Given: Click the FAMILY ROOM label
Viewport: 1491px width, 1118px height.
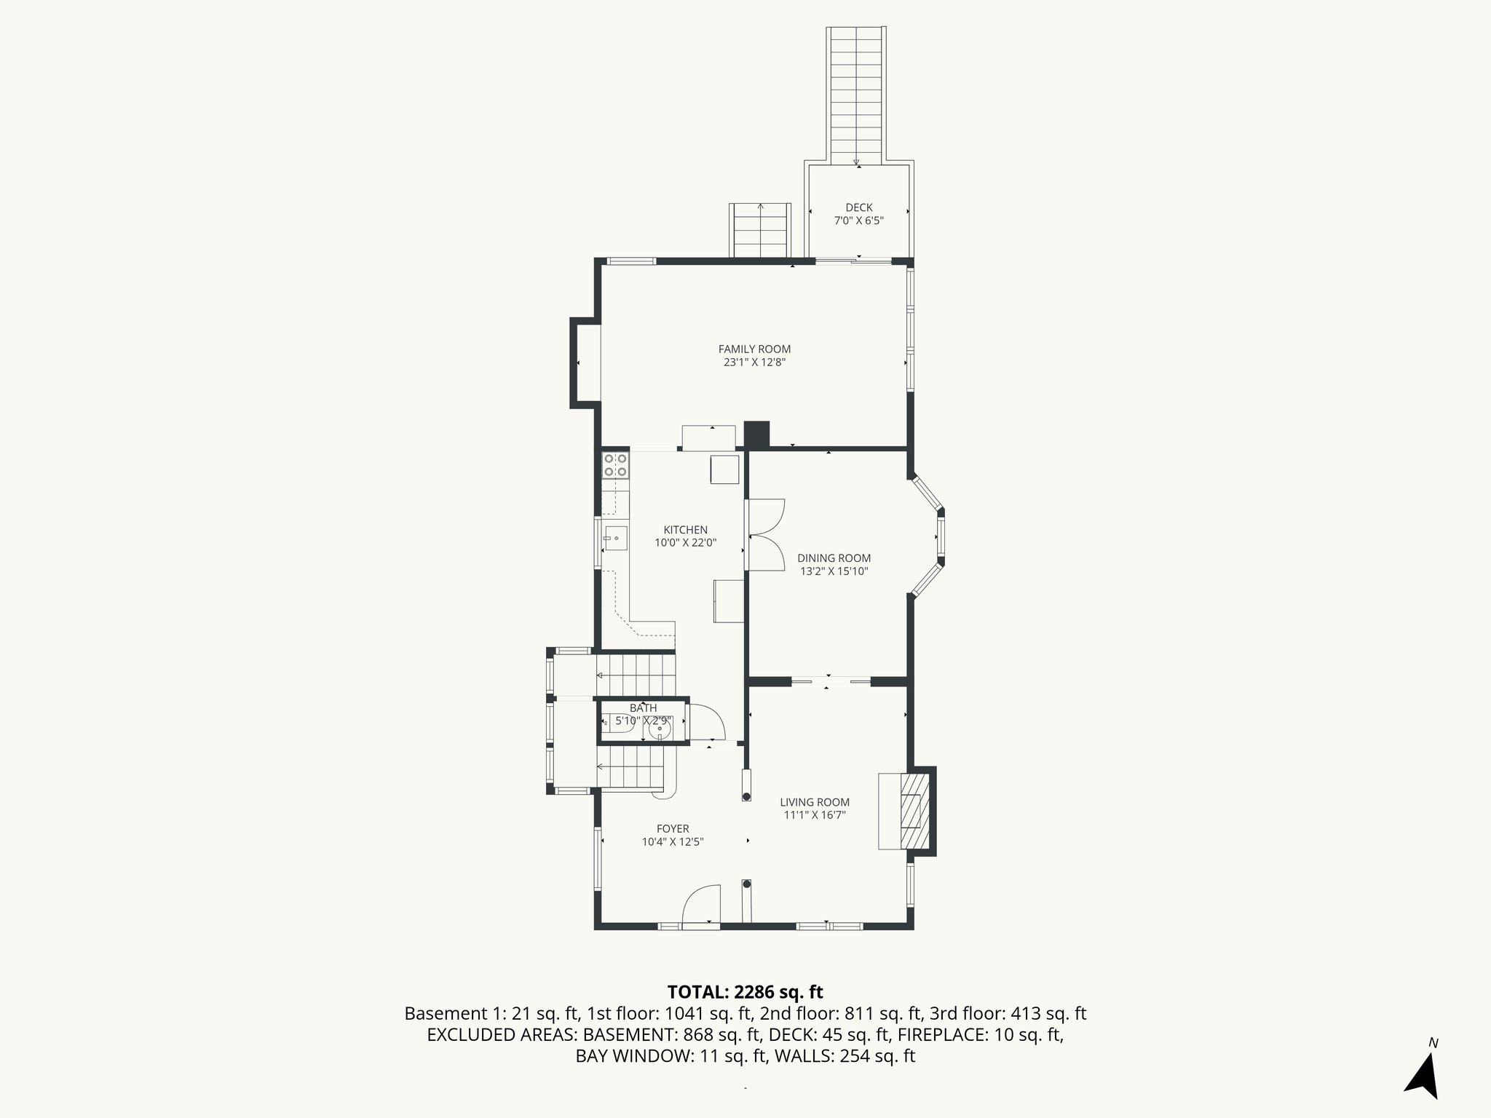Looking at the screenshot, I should [754, 349].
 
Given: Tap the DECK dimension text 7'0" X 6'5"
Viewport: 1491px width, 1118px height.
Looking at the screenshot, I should [859, 221].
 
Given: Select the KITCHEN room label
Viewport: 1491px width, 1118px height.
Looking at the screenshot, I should [685, 530].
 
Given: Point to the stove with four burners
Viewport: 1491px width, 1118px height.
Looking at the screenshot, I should [616, 465].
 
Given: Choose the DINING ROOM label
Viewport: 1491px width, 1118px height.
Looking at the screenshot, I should [834, 558].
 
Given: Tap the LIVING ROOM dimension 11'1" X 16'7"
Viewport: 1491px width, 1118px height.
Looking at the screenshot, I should [815, 815].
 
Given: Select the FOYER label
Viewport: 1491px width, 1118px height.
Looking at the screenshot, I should [673, 828].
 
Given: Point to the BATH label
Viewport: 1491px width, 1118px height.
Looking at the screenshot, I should [643, 708].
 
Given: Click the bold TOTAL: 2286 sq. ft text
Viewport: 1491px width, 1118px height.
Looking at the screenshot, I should [745, 992].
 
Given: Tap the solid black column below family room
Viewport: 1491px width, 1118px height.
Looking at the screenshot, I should [757, 435].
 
